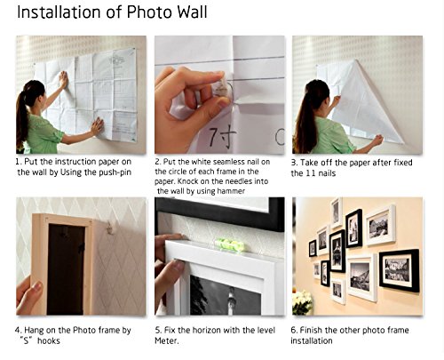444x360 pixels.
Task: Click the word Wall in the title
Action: (x=192, y=12)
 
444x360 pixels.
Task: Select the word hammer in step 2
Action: (x=231, y=191)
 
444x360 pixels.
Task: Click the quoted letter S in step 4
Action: (x=27, y=340)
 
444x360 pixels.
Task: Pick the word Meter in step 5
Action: (x=166, y=340)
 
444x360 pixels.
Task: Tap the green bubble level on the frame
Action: (x=229, y=244)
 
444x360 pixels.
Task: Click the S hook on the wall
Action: (x=110, y=227)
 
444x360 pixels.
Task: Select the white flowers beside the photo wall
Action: (x=302, y=301)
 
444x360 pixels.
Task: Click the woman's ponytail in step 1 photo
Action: (x=21, y=118)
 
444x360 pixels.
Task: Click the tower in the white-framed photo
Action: (x=231, y=300)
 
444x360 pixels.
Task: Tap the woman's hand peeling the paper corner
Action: (x=377, y=140)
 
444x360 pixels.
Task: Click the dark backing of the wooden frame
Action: (x=66, y=269)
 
